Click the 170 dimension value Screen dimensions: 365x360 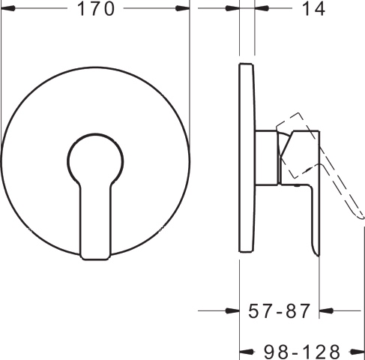96,9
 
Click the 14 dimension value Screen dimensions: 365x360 313,9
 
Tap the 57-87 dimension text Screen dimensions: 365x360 280,311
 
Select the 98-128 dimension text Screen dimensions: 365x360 302,352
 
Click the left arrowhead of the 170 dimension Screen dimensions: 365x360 8,8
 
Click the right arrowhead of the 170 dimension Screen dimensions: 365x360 182,8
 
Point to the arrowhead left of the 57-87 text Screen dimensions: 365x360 232,311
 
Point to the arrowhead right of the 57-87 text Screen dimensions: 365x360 326,311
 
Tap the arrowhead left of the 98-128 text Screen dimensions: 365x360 247,352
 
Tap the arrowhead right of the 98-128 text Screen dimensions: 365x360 358,352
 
